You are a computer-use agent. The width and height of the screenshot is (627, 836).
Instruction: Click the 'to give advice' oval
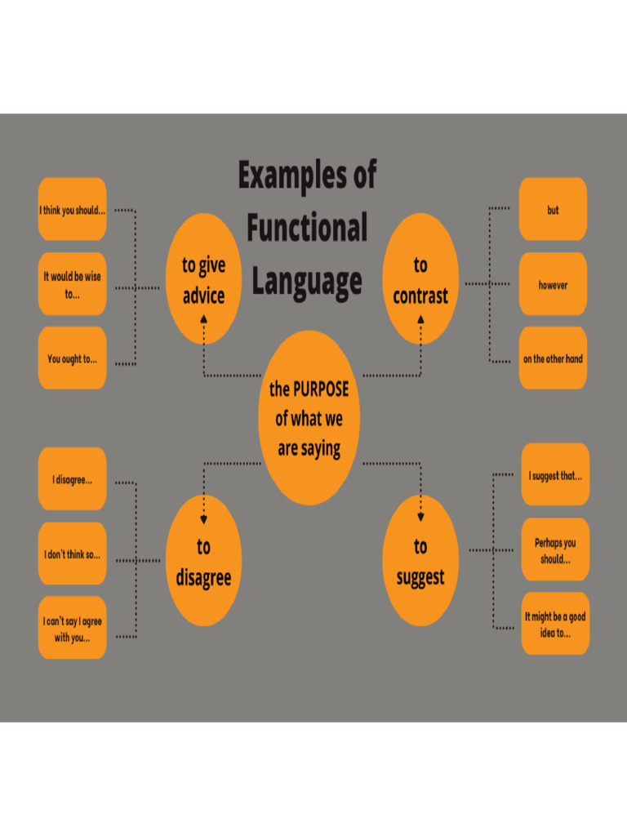click(203, 279)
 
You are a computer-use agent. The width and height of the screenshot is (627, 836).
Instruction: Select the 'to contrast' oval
click(420, 279)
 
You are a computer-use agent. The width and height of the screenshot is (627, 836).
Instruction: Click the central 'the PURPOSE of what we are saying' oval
click(309, 418)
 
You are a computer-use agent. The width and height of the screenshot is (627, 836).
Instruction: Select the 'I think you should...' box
click(72, 210)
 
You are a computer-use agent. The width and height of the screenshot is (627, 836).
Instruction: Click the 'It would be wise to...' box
click(72, 284)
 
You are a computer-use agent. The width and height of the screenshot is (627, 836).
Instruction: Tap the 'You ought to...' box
click(72, 358)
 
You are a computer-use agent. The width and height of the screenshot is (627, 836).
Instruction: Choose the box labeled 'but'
click(553, 210)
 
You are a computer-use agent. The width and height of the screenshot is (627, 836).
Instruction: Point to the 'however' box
click(553, 284)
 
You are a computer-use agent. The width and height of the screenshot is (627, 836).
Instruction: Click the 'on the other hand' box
click(553, 358)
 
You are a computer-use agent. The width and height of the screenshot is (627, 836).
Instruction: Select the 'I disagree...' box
click(72, 479)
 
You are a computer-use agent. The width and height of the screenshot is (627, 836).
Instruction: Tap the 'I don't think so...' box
click(72, 554)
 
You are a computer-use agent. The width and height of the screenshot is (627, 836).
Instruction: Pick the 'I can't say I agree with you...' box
click(72, 629)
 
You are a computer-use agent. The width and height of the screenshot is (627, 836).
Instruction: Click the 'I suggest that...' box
click(555, 474)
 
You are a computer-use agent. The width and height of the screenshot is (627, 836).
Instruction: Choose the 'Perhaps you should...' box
click(555, 549)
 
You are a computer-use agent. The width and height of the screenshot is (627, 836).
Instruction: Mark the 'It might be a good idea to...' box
click(555, 624)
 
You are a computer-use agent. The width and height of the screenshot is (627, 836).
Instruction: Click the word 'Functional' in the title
click(307, 228)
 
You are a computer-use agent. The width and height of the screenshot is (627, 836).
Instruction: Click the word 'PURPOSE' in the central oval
click(320, 389)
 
